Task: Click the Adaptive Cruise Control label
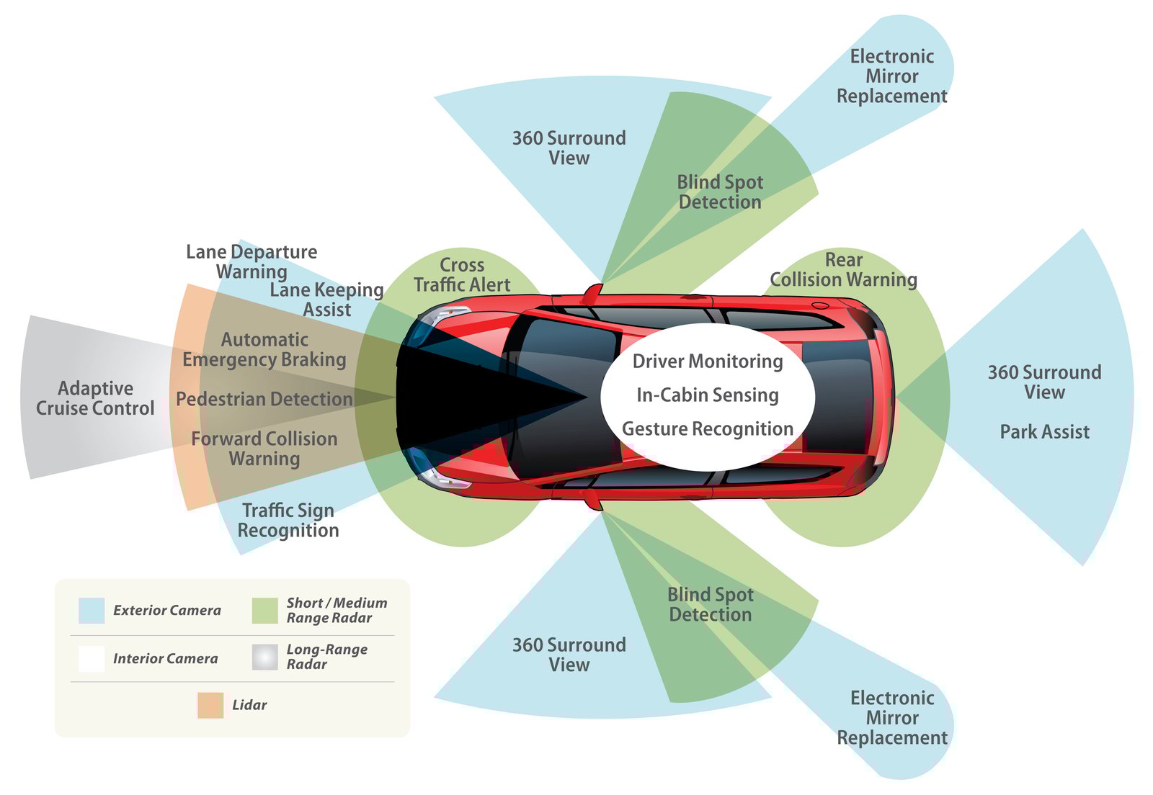95,398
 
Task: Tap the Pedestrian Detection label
264,399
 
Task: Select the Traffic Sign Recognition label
288,520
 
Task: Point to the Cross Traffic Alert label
462,275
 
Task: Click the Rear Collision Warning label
843,270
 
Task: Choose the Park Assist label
1044,432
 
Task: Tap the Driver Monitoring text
707,361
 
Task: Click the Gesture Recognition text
707,429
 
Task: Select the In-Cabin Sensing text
707,395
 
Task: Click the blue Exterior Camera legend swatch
92,611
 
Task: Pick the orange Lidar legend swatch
210,705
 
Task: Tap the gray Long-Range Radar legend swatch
265,657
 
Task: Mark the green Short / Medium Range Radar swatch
265,611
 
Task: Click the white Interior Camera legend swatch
92,658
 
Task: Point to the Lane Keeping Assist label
326,300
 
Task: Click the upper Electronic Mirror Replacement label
891,76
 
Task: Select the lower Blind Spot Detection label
710,604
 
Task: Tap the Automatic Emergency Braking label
264,349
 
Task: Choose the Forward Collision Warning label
264,449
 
